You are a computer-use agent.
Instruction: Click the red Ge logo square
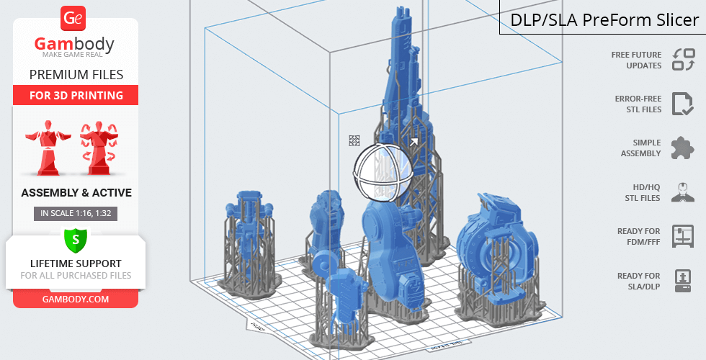pos(73,18)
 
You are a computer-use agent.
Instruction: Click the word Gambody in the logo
pos(74,44)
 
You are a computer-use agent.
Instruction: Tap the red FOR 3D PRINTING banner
pos(76,95)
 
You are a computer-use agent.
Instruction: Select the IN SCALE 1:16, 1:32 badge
pos(76,213)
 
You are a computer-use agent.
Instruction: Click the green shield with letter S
pos(76,240)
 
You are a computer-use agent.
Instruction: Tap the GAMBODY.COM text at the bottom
pos(76,300)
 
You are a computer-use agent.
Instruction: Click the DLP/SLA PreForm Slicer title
pos(604,20)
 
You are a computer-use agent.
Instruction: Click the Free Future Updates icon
pos(684,60)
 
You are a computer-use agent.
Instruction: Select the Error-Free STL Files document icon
pos(683,104)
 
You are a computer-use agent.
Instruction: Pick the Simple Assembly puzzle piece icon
pos(683,148)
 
